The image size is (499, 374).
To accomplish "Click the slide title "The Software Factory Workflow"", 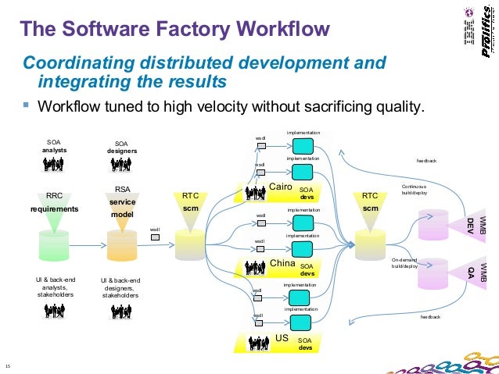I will [174, 30].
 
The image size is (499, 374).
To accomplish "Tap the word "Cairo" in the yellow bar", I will [280, 187].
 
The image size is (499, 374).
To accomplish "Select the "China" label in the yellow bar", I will [282, 263].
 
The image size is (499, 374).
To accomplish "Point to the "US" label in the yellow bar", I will [282, 338].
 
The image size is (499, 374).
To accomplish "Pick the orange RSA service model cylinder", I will [122, 244].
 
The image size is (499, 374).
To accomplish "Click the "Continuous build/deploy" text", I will [414, 190].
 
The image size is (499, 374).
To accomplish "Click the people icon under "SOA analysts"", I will [53, 165].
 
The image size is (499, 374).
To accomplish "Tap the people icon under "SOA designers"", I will [121, 165].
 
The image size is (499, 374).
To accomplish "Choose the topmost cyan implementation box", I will [303, 146].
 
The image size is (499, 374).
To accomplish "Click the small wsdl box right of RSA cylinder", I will [155, 237].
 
